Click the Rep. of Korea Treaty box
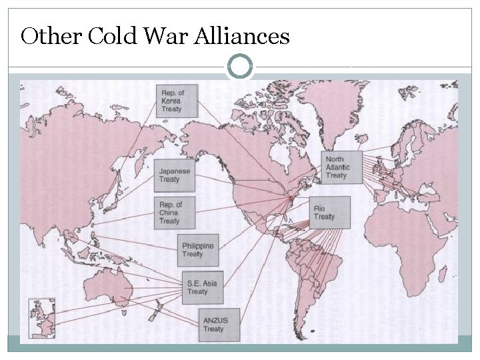click(x=177, y=101)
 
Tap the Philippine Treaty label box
click(x=199, y=250)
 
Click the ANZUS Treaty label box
click(x=219, y=325)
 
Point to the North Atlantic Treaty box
click(x=341, y=167)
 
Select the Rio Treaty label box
click(x=329, y=213)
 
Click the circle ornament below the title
click(x=240, y=67)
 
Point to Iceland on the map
click(x=362, y=139)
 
